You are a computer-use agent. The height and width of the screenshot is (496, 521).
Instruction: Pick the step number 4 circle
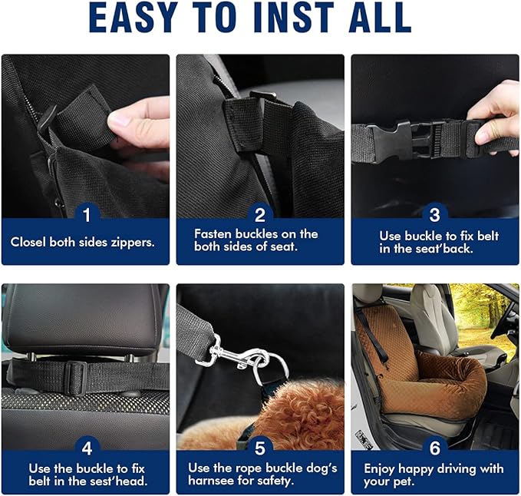(x=86, y=447)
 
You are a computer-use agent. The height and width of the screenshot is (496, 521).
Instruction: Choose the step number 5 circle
(x=260, y=447)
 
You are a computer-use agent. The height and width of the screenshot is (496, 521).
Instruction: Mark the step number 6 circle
(x=434, y=447)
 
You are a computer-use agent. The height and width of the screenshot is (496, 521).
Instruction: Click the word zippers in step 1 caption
(x=132, y=242)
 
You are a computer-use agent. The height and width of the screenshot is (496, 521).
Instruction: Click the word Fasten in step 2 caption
(x=213, y=233)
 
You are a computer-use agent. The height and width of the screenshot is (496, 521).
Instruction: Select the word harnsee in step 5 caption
(x=215, y=481)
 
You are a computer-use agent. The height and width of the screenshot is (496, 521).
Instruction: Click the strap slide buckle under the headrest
(x=72, y=375)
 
